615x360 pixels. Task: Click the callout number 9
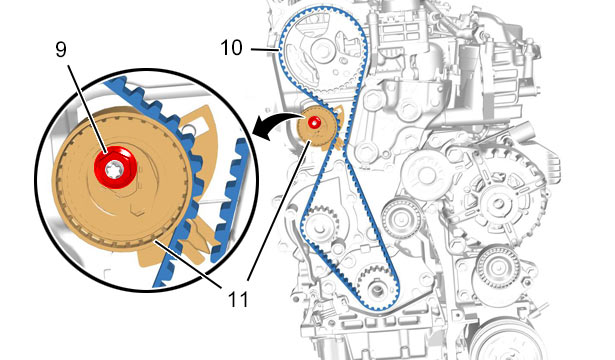[x=61, y=50]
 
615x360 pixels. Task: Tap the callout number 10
[x=231, y=48]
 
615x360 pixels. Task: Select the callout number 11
[x=238, y=300]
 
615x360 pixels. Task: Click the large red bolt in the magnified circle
[x=115, y=167]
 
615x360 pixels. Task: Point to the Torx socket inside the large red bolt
[x=116, y=169]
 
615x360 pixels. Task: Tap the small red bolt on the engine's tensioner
[x=314, y=123]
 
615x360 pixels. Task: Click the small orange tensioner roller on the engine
[x=316, y=128]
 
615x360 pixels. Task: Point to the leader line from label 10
[x=264, y=49]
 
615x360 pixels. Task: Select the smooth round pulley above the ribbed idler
[x=425, y=175]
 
